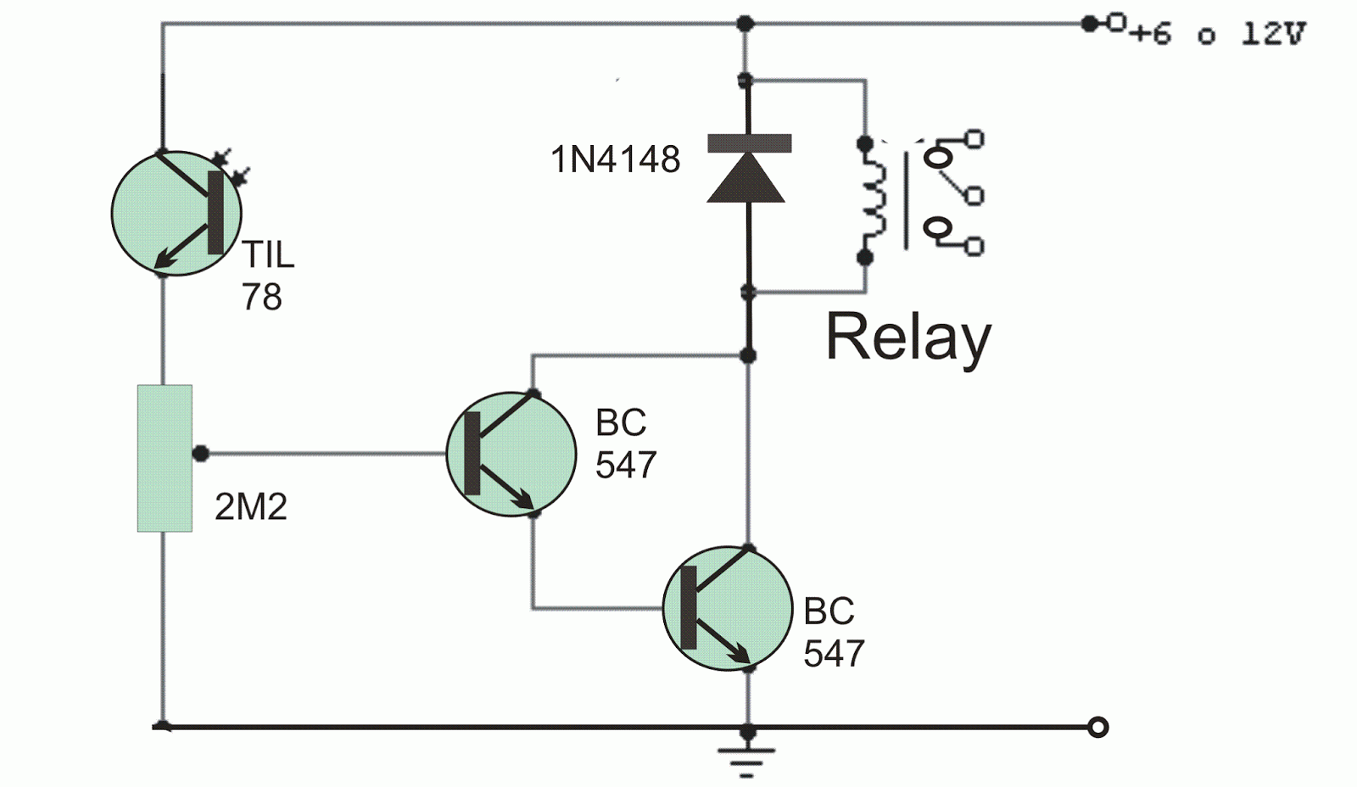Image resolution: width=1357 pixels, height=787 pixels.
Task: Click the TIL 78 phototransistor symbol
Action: pyautogui.click(x=176, y=213)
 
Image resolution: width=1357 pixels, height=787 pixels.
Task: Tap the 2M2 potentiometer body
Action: pyautogui.click(x=165, y=458)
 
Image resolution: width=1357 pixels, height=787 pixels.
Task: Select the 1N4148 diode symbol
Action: pyautogui.click(x=749, y=169)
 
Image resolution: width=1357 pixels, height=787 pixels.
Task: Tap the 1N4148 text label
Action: pyautogui.click(x=615, y=160)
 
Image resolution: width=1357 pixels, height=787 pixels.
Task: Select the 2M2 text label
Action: pyautogui.click(x=251, y=506)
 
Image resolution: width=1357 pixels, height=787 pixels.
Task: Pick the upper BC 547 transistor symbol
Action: pyautogui.click(x=511, y=454)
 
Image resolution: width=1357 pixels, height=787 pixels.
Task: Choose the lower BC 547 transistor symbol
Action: pyautogui.click(x=728, y=608)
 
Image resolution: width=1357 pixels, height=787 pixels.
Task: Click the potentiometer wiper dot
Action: pyautogui.click(x=200, y=453)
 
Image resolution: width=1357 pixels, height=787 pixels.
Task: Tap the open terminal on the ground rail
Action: pyautogui.click(x=1097, y=727)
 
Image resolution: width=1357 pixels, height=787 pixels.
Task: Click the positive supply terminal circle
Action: pyautogui.click(x=1117, y=23)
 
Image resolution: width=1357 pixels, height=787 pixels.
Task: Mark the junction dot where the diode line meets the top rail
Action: pyautogui.click(x=745, y=24)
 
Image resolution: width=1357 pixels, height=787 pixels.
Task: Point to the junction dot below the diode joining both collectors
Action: pyautogui.click(x=748, y=355)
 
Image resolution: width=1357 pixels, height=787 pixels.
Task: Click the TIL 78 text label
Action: pyautogui.click(x=267, y=276)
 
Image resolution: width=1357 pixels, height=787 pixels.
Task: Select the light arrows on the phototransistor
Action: pyautogui.click(x=232, y=166)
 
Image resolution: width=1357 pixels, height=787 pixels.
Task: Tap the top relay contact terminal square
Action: pyautogui.click(x=974, y=139)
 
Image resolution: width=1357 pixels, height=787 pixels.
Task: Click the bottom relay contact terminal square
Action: pyautogui.click(x=974, y=247)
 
